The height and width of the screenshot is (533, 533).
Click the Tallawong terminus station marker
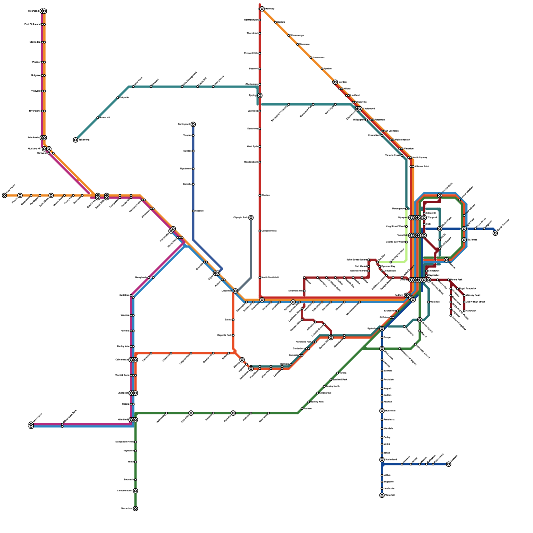tap(76, 140)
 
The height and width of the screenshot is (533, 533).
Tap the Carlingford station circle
tap(193, 124)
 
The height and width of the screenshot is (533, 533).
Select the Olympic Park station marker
tap(251, 218)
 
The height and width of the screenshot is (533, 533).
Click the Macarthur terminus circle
tap(135, 509)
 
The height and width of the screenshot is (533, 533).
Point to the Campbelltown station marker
tap(135, 491)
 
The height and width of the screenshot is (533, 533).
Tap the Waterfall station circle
tap(382, 495)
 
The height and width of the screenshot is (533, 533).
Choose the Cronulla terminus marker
tap(448, 464)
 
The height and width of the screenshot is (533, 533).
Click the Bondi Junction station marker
tap(495, 233)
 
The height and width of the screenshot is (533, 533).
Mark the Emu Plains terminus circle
tap(4, 196)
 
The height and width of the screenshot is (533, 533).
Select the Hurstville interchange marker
tap(382, 411)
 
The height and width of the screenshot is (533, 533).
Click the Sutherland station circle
tap(382, 460)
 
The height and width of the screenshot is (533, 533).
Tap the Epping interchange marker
tap(260, 96)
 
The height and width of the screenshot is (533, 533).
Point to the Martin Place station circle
tap(440, 229)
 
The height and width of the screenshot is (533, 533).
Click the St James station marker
tap(464, 240)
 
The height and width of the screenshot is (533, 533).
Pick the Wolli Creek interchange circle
tap(382, 349)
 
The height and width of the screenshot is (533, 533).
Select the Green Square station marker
tap(420, 320)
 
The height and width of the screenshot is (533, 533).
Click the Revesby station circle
tap(233, 413)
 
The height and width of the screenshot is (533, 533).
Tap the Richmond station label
tap(33, 11)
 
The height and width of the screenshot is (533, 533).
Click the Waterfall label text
tap(390, 495)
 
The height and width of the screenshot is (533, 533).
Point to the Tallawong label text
tap(84, 140)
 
